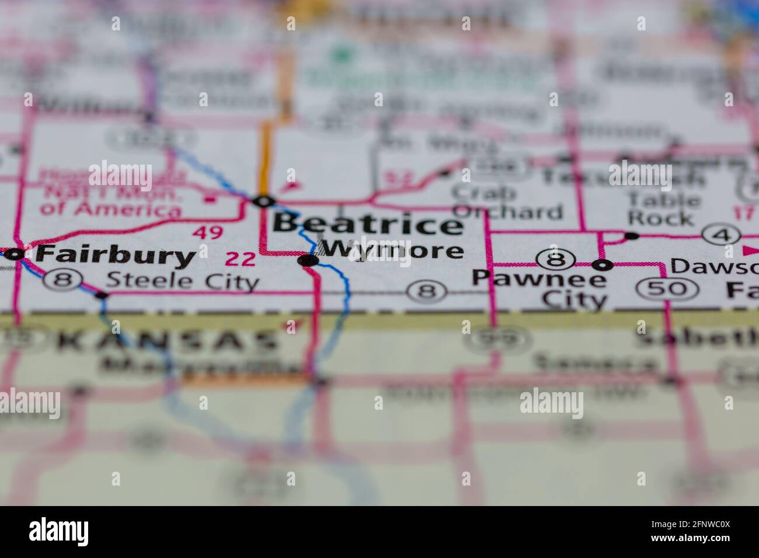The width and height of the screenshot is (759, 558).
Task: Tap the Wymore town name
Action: click(393, 250)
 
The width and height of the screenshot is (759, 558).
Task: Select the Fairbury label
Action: click(115, 254)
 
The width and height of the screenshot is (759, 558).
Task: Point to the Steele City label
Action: click(183, 282)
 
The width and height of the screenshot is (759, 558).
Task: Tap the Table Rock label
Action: click(663, 208)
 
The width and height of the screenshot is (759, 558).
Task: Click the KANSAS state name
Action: click(169, 341)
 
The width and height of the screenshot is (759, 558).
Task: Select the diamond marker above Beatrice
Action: click(263, 201)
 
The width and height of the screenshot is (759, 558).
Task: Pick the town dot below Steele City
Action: click(102, 295)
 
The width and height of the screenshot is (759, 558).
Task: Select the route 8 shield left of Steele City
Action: click(61, 280)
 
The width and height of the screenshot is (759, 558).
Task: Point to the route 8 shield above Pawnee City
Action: click(552, 257)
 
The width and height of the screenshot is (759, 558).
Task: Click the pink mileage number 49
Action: click(208, 232)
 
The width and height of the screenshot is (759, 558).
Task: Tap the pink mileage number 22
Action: click(241, 259)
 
